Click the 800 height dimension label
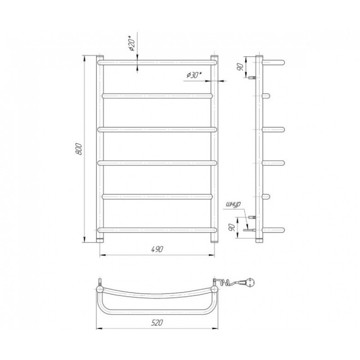(x=78, y=149)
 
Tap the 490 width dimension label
(x=157, y=249)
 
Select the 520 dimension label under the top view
(x=157, y=323)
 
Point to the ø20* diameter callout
(x=131, y=43)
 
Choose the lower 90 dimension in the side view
(x=232, y=227)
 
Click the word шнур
(x=233, y=204)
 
